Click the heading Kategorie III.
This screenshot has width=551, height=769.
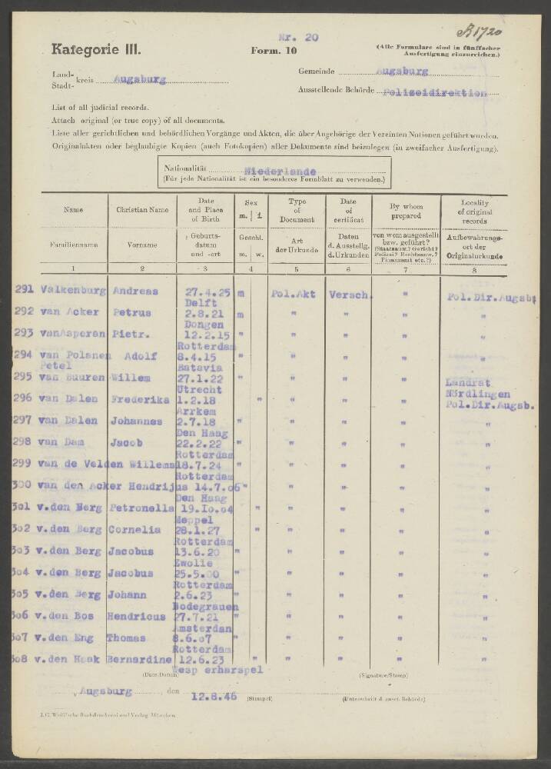click(97, 50)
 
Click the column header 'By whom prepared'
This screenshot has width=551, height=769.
click(405, 209)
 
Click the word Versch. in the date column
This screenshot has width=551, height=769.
click(351, 294)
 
